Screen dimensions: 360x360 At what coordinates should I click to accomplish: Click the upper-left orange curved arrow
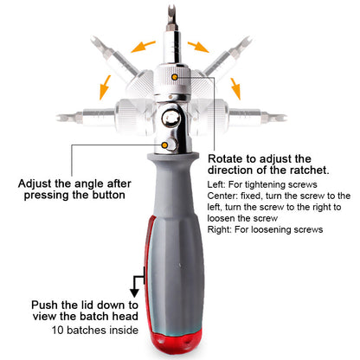coord(142,47)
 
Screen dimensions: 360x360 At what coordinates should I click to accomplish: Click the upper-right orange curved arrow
coord(198,47)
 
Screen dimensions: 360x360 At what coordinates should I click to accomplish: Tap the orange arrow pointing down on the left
coord(105,87)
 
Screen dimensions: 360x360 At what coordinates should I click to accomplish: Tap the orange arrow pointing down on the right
coord(235,88)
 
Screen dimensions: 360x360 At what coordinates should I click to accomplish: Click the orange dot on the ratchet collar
coord(175,77)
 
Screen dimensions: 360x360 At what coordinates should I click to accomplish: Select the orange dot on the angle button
coord(164,145)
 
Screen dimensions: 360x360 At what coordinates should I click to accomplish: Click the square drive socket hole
coord(171,118)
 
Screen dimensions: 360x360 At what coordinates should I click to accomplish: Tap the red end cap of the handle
coord(175,344)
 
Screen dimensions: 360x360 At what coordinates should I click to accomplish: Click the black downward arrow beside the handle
coord(134,289)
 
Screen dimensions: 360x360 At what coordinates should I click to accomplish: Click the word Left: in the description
coord(216,184)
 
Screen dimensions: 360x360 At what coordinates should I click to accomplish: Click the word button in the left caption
coord(109,195)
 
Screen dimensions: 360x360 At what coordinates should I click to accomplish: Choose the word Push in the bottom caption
coord(43,305)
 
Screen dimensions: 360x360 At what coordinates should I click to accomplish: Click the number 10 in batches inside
coord(58,330)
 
